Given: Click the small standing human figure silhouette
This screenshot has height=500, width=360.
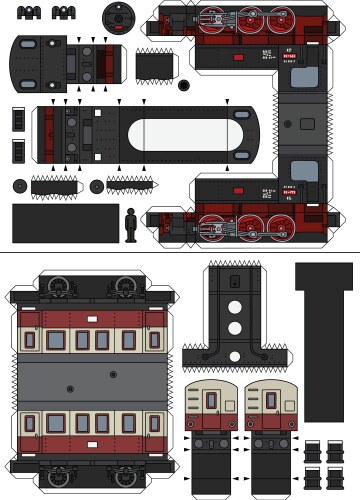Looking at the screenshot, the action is tap(130, 223).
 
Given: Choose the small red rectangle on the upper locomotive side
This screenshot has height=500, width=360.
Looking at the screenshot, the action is tap(239, 58).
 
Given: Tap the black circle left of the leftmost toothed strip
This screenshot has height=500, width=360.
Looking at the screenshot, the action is tap(19, 186).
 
